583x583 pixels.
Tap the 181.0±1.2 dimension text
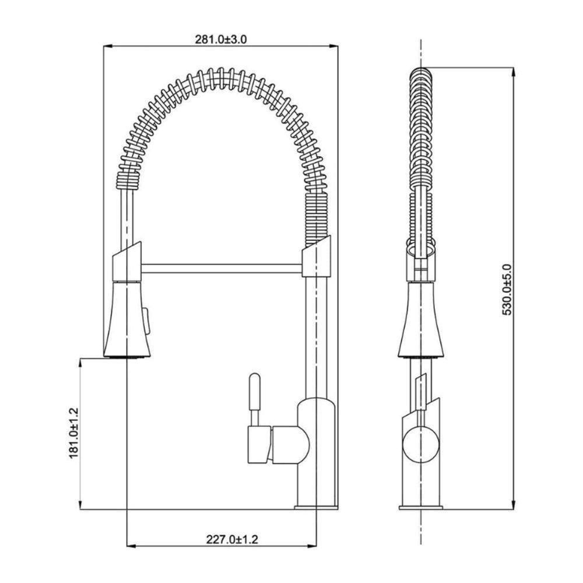click(x=74, y=433)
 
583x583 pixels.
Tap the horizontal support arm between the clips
click(x=222, y=268)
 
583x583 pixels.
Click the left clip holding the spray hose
click(x=127, y=261)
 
